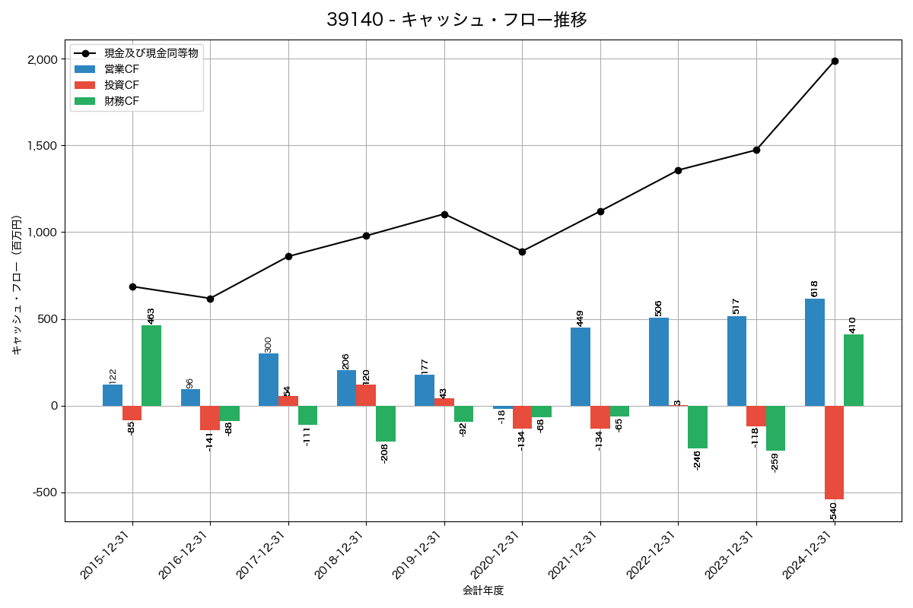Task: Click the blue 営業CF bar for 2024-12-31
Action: [815, 352]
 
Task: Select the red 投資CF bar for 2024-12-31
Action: [835, 452]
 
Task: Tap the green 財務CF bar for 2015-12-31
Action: [151, 366]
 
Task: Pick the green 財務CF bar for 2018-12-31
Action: [386, 423]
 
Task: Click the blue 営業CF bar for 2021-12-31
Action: [581, 366]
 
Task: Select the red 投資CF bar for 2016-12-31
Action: [210, 418]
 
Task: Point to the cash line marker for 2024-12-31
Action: [835, 61]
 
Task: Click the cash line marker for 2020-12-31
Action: [522, 252]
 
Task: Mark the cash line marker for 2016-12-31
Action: [210, 299]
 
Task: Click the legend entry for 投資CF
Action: [122, 85]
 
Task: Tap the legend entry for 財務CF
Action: [122, 101]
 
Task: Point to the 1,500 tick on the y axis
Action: [43, 146]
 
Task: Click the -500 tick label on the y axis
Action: [45, 492]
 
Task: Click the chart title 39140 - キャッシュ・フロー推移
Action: [456, 20]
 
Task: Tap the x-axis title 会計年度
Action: [483, 591]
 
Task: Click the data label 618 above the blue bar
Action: [814, 288]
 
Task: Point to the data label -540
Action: [834, 511]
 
